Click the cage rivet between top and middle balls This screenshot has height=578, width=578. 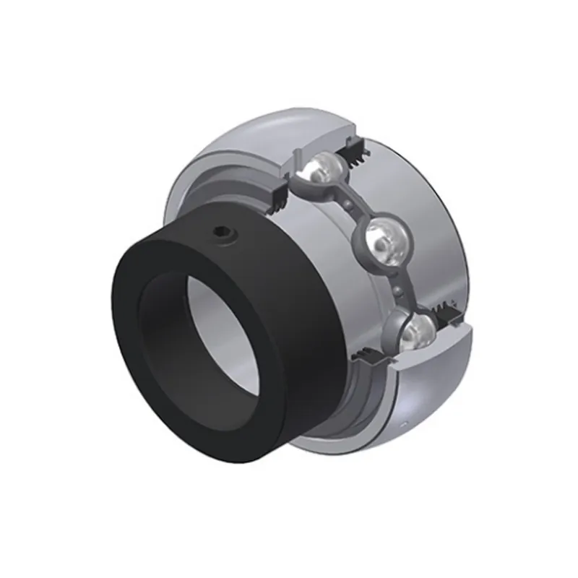(350, 205)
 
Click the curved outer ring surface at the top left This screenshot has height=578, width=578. (238, 137)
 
